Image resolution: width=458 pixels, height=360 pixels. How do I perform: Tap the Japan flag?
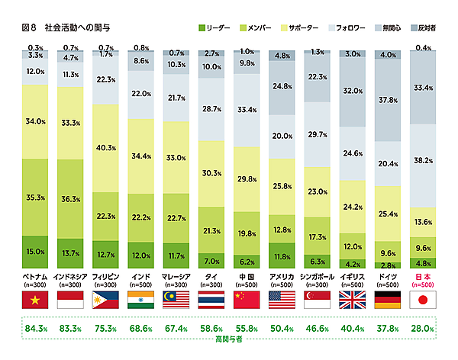coord(423,299)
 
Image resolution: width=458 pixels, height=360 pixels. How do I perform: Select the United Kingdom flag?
coord(352,299)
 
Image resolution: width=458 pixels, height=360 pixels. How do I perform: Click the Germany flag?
coord(388,299)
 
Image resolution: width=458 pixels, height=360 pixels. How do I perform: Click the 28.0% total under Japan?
coord(423,329)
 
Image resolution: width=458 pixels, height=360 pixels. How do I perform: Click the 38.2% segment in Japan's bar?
coord(423,161)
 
